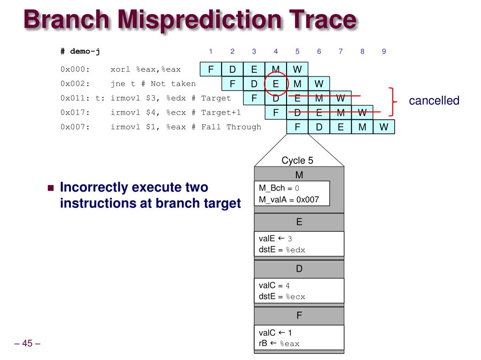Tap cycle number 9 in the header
point(384,52)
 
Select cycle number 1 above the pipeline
point(211,52)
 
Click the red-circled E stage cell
point(276,84)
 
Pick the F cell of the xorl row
point(211,69)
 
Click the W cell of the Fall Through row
point(384,127)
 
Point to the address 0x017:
point(75,113)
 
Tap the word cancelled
point(434,100)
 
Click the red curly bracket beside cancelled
point(393,102)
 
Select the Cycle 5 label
point(297,161)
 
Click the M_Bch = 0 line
point(279,188)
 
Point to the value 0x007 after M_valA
point(308,199)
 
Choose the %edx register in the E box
point(295,250)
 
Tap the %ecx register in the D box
point(295,297)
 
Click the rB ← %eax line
point(279,344)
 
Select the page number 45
point(27,343)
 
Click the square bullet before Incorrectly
point(51,188)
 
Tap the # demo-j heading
point(80,51)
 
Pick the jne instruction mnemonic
point(118,84)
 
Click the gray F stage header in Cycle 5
point(299,315)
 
